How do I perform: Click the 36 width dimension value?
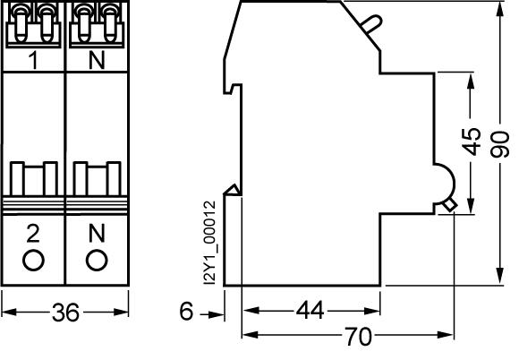(65, 313)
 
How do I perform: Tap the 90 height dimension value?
(500, 144)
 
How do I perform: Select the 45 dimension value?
(472, 141)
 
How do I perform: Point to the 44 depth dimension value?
(310, 311)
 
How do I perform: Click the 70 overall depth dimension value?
(359, 336)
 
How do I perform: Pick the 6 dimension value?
(186, 311)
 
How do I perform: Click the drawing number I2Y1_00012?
(210, 243)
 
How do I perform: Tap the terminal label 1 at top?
(33, 60)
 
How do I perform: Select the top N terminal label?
(97, 60)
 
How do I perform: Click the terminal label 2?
(33, 233)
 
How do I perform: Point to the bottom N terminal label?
(97, 233)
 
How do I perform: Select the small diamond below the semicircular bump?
(450, 205)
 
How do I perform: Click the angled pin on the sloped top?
(370, 24)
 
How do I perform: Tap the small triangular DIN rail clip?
(232, 190)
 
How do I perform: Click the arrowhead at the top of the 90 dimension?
(500, 9)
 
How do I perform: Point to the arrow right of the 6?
(212, 314)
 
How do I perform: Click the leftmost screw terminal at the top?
(21, 23)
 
